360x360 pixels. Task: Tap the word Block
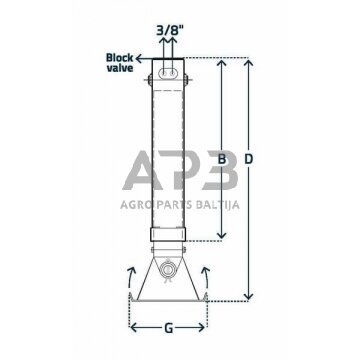click(x=120, y=58)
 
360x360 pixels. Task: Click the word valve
click(x=120, y=68)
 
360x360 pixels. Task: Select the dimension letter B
click(x=221, y=160)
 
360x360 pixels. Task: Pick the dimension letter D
click(x=248, y=160)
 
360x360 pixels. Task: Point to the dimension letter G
click(x=169, y=329)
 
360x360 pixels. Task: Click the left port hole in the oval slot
click(x=164, y=73)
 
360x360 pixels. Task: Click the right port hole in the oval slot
click(x=172, y=73)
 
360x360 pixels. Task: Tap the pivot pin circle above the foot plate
click(x=167, y=269)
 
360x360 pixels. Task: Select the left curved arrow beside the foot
click(x=130, y=277)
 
